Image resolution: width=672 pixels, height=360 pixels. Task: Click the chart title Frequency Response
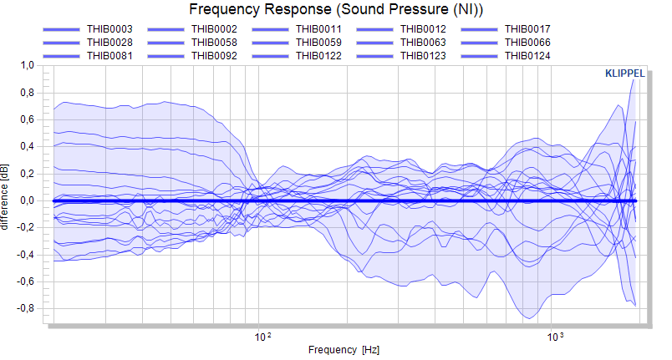[260, 9]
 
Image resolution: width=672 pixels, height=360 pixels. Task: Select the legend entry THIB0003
[109, 29]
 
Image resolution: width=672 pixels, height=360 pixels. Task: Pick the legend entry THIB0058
[214, 43]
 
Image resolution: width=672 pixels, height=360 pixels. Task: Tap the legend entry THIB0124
[527, 56]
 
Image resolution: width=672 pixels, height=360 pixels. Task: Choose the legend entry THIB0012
[423, 29]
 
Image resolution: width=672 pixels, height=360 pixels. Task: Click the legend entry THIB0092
[214, 56]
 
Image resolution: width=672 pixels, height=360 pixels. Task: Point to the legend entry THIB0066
[527, 43]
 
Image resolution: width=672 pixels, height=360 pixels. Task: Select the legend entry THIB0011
[318, 29]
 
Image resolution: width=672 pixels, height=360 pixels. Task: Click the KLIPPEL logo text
[625, 74]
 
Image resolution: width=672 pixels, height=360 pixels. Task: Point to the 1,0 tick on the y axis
[27, 65]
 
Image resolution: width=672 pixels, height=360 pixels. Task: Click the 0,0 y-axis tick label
[27, 200]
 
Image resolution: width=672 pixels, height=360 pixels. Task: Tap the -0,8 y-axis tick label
[25, 309]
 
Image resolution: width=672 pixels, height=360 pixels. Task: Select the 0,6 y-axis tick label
[27, 119]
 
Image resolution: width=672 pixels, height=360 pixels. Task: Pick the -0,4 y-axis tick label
[25, 255]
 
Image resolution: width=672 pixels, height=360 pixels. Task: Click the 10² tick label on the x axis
[262, 337]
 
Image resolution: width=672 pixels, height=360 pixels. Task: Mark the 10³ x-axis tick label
[555, 337]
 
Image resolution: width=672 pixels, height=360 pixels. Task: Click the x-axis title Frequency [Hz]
[344, 350]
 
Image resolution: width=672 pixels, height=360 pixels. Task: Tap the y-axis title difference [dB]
[5, 197]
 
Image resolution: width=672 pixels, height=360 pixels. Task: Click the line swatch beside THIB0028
[61, 43]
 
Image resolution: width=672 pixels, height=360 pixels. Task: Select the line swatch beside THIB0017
[479, 29]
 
